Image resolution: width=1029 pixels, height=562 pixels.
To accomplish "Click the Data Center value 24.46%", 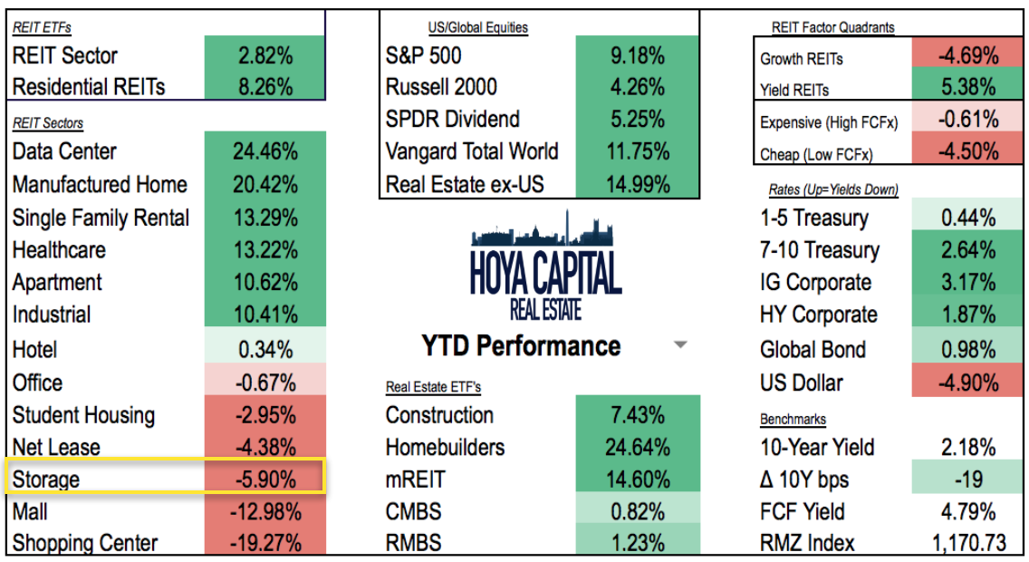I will pyautogui.click(x=264, y=151).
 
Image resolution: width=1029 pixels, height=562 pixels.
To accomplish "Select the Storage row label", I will pyautogui.click(x=46, y=479).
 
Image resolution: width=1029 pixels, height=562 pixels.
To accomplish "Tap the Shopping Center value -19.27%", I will pyautogui.click(x=264, y=543).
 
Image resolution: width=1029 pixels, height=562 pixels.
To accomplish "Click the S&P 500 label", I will pyautogui.click(x=423, y=55).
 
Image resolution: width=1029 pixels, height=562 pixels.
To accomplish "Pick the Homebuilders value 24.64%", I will pyautogui.click(x=637, y=447).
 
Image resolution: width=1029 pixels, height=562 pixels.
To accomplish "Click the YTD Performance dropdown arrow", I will pyautogui.click(x=681, y=345).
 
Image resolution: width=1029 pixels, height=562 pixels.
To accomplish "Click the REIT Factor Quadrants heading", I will pyautogui.click(x=832, y=27).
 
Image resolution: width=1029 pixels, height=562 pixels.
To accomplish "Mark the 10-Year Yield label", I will pyautogui.click(x=818, y=447).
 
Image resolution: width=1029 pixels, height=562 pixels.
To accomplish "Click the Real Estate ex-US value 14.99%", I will pyautogui.click(x=637, y=185).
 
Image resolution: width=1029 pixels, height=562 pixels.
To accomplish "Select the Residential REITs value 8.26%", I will pyautogui.click(x=264, y=87).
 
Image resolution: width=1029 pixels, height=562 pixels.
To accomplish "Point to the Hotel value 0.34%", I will pyautogui.click(x=264, y=349).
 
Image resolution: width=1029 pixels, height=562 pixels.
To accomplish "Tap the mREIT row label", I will pyautogui.click(x=416, y=479).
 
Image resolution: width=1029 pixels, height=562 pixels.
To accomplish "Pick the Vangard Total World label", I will pyautogui.click(x=471, y=151).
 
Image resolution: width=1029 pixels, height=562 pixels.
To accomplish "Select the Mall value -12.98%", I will pyautogui.click(x=264, y=511).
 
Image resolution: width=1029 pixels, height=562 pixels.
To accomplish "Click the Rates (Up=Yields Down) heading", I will pyautogui.click(x=829, y=189).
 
